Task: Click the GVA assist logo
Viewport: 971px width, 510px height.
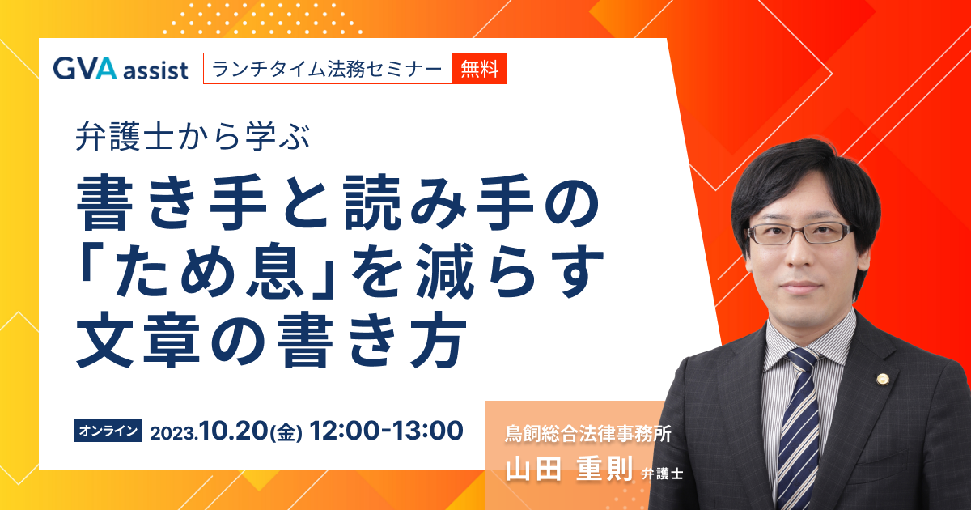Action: click(121, 69)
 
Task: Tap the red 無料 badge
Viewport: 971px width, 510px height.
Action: click(479, 69)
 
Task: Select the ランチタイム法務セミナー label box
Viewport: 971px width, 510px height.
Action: click(328, 69)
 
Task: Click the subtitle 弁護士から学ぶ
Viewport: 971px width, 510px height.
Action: click(193, 137)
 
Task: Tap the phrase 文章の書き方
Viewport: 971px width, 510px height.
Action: click(271, 340)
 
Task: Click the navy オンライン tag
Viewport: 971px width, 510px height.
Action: click(108, 430)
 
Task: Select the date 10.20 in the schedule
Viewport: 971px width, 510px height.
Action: click(233, 431)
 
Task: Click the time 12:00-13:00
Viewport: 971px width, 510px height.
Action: click(386, 431)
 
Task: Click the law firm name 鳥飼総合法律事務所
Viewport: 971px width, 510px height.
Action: click(588, 434)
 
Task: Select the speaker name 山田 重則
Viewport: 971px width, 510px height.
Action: click(569, 469)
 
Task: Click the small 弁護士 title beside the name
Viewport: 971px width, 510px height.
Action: click(662, 473)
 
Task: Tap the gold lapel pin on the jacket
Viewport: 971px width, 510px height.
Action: click(882, 380)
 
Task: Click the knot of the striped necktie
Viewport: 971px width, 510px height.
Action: click(802, 360)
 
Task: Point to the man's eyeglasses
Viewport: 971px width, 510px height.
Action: click(800, 233)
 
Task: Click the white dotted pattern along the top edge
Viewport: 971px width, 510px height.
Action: click(263, 17)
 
